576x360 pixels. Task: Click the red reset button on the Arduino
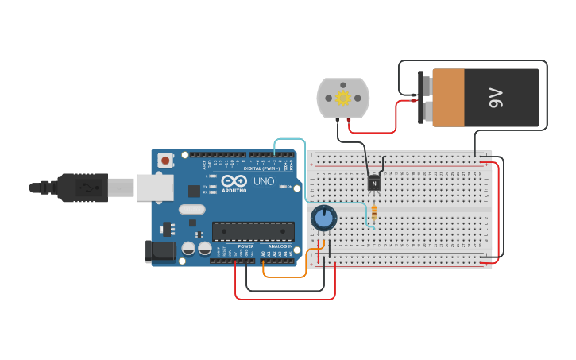pos(165,160)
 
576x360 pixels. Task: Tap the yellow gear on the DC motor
pos(343,98)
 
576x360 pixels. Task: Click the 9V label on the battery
pos(497,98)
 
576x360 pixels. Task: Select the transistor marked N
pos(373,183)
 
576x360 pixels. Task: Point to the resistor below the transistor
pos(374,213)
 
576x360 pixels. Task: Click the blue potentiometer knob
pos(324,217)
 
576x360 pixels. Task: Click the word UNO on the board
pos(264,181)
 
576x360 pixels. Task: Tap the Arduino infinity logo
pos(234,180)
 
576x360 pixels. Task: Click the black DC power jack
pos(160,251)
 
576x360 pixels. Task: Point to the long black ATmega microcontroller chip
pos(253,231)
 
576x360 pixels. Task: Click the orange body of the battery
pos(449,97)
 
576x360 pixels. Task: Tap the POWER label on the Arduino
pos(246,246)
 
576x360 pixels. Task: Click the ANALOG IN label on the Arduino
pos(279,246)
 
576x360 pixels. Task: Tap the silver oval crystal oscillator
pos(191,210)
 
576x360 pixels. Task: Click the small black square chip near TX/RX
pos(194,191)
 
